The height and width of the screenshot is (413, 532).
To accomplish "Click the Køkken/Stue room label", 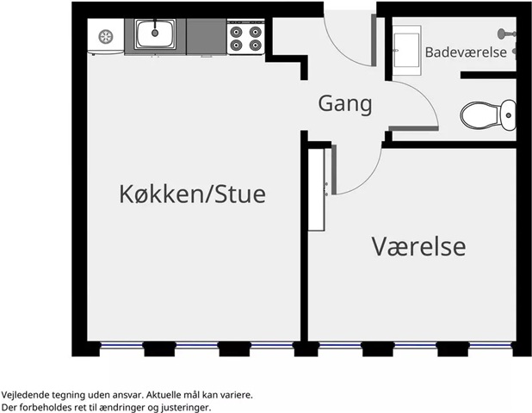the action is (192, 194).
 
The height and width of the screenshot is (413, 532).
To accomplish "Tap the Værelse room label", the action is (418, 247).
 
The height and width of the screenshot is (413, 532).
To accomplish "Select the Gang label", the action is (345, 104).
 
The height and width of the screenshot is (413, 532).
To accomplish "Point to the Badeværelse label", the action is (466, 52).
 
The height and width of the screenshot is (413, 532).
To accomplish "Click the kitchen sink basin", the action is (155, 34).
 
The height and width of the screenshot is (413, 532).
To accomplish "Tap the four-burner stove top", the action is (245, 37).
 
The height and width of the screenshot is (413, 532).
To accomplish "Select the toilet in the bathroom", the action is (488, 115).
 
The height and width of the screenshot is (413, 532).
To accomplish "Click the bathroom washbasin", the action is (407, 50).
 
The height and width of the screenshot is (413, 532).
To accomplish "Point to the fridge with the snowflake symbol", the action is (106, 36).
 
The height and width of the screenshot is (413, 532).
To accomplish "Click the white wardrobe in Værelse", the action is (316, 189).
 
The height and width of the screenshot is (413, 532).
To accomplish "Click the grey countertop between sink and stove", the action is (207, 37).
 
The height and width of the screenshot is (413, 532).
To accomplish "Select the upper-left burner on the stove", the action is (236, 32).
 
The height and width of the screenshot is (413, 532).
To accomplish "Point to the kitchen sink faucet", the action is (155, 28).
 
